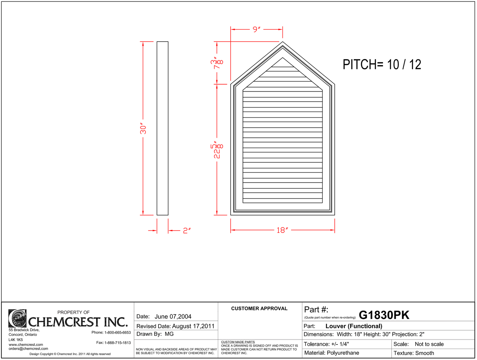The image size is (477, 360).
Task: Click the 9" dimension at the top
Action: pyautogui.click(x=256, y=29)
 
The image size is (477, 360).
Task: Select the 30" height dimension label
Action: pyautogui.click(x=143, y=129)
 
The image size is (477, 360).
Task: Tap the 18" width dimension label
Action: pyautogui.click(x=282, y=230)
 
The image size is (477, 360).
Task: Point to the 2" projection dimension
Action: pyautogui.click(x=187, y=230)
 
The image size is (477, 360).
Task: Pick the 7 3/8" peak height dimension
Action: pyautogui.click(x=217, y=63)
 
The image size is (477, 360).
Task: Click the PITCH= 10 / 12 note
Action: pyautogui.click(x=382, y=65)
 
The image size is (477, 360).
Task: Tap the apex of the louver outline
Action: pyautogui.click(x=283, y=42)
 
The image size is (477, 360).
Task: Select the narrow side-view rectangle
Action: pyautogui.click(x=162, y=128)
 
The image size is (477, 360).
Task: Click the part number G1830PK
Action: pyautogui.click(x=384, y=315)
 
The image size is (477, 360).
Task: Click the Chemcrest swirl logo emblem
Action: pyautogui.click(x=17, y=318)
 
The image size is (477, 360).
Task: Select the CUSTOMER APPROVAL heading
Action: pyautogui.click(x=259, y=309)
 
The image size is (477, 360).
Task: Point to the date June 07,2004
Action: pyautogui.click(x=173, y=316)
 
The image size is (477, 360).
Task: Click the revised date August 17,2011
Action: pyautogui.click(x=193, y=326)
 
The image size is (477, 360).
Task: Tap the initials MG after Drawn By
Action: pyautogui.click(x=169, y=334)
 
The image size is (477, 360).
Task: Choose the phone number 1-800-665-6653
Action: pyautogui.click(x=118, y=332)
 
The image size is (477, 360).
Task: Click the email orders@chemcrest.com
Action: pyautogui.click(x=28, y=348)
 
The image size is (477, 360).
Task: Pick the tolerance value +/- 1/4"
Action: pyautogui.click(x=340, y=344)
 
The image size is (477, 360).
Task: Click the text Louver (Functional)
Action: pyautogui.click(x=354, y=326)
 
